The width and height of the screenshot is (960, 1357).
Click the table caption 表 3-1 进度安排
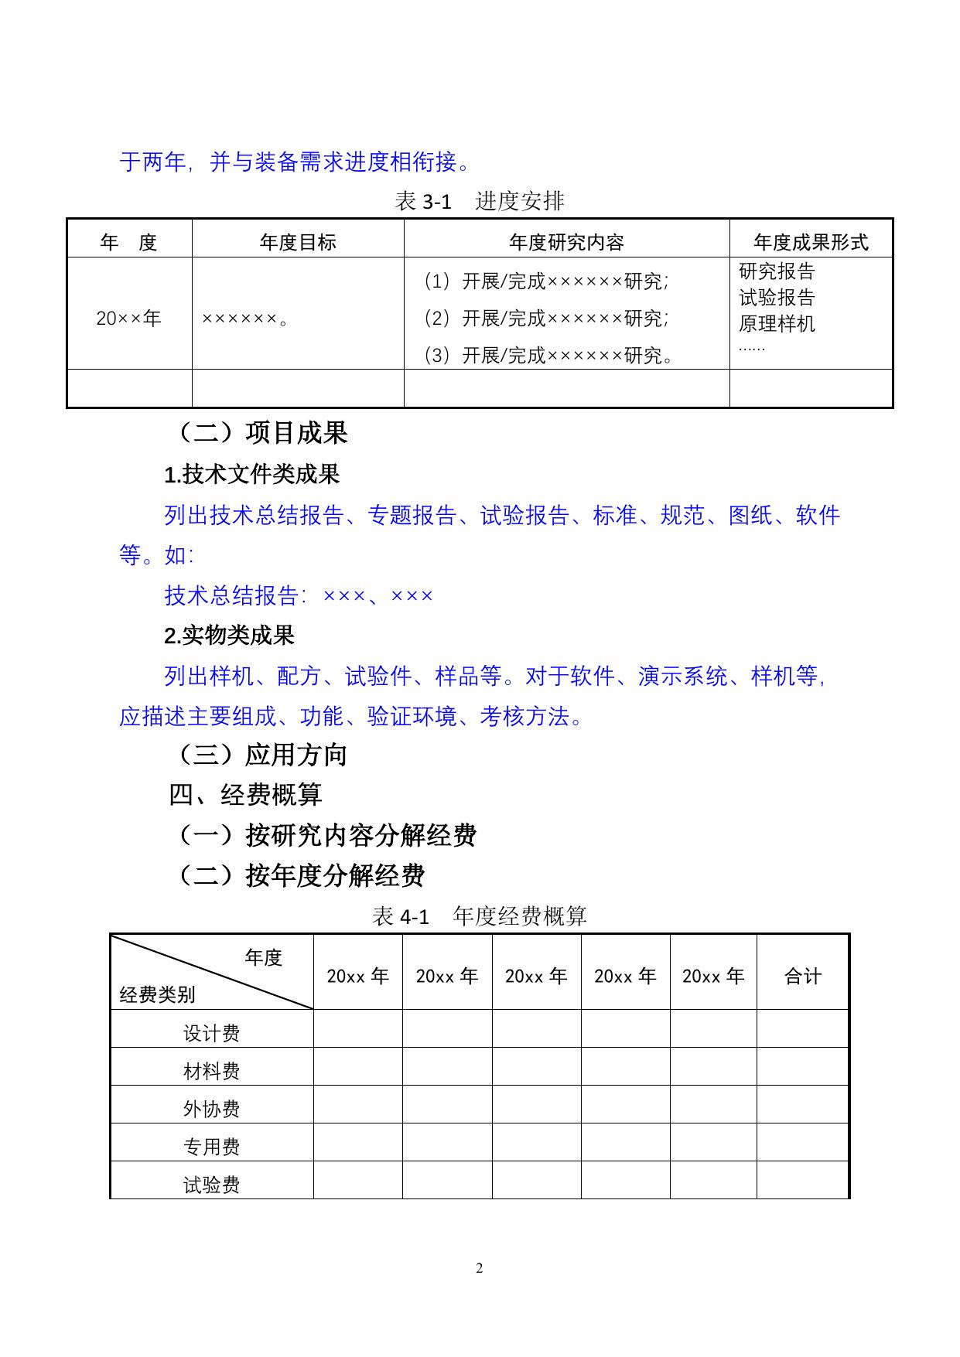coord(479,202)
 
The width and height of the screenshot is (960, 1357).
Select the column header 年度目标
coord(298,243)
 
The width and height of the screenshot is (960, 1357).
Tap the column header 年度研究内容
coord(566,243)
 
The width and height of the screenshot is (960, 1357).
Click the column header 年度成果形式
coord(811,243)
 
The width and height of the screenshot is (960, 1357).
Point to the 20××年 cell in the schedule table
coord(129,318)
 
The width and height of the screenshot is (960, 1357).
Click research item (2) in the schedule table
coord(546,318)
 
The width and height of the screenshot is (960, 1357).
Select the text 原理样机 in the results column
coord(777,323)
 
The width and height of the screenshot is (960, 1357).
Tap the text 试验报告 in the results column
coord(777,298)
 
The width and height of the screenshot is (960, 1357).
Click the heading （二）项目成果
coord(261,433)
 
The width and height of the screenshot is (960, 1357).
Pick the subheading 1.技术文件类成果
coord(252,475)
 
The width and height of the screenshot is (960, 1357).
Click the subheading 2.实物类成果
coord(230,636)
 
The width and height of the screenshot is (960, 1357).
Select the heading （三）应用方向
coord(261,755)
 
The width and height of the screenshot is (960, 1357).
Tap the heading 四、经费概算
coord(245,795)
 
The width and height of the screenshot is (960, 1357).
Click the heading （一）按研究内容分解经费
coord(326,835)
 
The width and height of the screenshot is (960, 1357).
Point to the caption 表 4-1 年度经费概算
coord(480,916)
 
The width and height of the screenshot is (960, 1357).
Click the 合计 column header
coord(803,977)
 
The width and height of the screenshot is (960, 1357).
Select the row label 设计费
coord(211,1033)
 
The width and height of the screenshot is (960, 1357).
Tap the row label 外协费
coord(211,1109)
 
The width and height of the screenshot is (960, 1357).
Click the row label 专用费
coord(211,1147)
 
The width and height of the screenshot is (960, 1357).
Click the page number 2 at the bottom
coord(480,1268)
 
